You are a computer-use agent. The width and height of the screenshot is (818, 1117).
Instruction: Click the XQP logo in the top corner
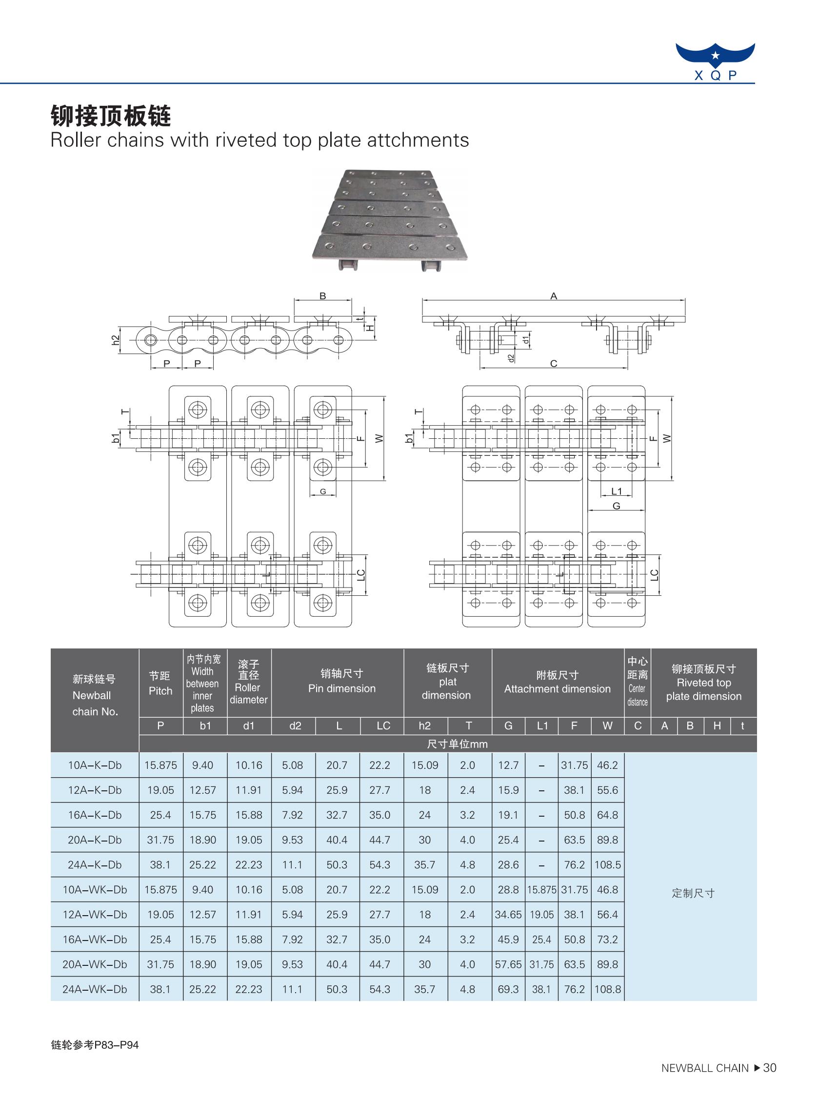coord(715,61)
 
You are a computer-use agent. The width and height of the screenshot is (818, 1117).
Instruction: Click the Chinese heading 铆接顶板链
coord(111,117)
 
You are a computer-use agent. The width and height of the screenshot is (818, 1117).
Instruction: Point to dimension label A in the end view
coord(554,296)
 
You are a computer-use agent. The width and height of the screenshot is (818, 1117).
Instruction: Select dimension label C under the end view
coord(554,364)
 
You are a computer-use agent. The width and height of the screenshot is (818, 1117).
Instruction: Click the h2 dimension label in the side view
coord(116,340)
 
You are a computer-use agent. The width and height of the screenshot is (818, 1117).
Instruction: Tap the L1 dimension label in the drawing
coord(616,491)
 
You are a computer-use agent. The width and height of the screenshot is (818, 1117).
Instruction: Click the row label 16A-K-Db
coord(95,815)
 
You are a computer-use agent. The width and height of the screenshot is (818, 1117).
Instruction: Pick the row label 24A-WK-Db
coord(95,989)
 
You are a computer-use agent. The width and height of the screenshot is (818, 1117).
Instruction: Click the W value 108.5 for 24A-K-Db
coord(608,865)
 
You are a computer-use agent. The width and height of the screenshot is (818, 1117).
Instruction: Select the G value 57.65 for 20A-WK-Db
coord(509,964)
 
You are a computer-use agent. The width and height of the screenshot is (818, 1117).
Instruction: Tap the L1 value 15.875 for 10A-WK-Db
coord(542,890)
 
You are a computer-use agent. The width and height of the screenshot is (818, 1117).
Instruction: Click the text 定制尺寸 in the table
coord(693,893)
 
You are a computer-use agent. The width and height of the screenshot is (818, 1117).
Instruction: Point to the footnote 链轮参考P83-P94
coord(95,1045)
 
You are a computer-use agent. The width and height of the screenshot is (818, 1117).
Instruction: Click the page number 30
coord(770,1082)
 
